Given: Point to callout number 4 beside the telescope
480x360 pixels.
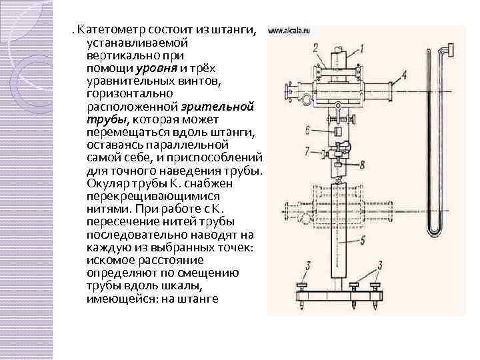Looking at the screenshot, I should pos(403,75).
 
